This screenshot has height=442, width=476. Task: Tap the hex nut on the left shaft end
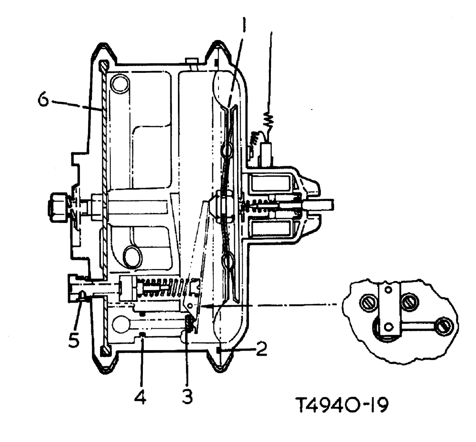pyautogui.click(x=57, y=208)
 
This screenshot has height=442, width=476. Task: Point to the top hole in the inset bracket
pyautogui.click(x=389, y=289)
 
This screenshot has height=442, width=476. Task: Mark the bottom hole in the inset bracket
pyautogui.click(x=389, y=327)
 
